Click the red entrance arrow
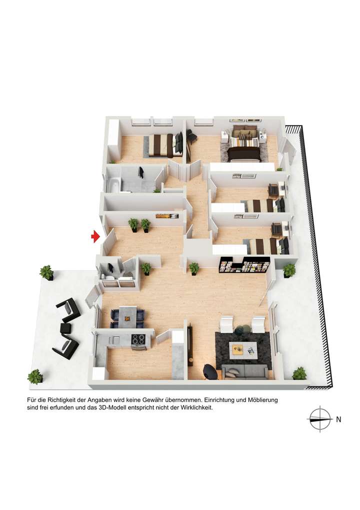pos(95,237)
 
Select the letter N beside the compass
pos(338,420)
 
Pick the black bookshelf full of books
pos(244,265)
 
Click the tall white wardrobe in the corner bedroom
pos(113,140)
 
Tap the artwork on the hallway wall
pos(166,216)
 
